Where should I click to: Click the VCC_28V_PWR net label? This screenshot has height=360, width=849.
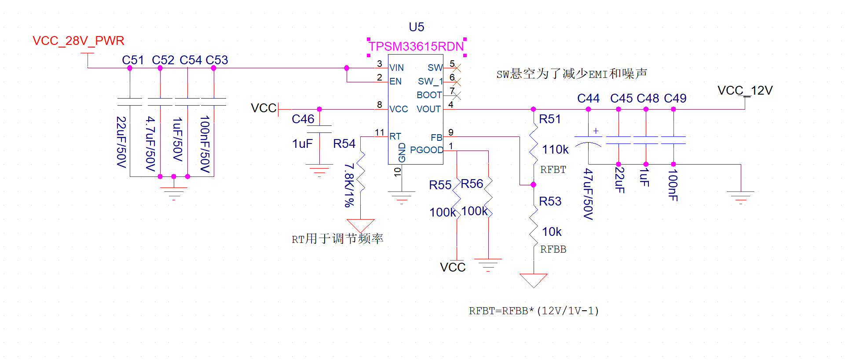tap(78, 41)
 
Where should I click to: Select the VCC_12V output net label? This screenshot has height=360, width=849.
tap(745, 91)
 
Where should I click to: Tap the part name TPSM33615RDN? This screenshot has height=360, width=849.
tap(416, 46)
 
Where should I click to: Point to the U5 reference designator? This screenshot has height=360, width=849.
tap(416, 27)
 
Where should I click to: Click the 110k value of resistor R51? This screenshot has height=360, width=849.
tap(555, 150)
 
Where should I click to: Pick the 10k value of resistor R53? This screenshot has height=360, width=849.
tap(552, 232)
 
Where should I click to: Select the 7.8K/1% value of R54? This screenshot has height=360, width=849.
tap(349, 185)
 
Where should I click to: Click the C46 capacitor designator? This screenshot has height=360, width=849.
tap(303, 119)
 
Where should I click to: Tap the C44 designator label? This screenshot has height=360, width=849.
tap(588, 99)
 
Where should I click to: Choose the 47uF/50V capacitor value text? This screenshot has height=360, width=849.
tap(588, 194)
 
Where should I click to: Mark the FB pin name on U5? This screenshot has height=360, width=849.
tap(436, 138)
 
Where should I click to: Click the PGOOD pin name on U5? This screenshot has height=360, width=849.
tap(426, 150)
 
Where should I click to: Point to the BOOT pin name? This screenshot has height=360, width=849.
tap(429, 95)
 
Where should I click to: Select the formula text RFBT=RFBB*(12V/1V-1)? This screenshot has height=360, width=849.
tap(534, 311)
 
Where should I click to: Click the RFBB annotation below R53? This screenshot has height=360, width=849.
tap(553, 250)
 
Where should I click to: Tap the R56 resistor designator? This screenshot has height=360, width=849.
tap(472, 184)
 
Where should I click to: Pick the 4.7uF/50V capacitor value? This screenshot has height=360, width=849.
tap(150, 143)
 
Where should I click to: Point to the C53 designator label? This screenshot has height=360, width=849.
tap(217, 60)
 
